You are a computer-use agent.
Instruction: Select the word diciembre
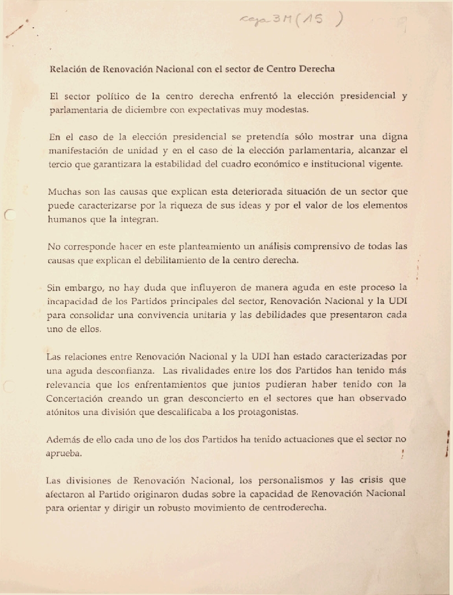pyautogui.click(x=157, y=109)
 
